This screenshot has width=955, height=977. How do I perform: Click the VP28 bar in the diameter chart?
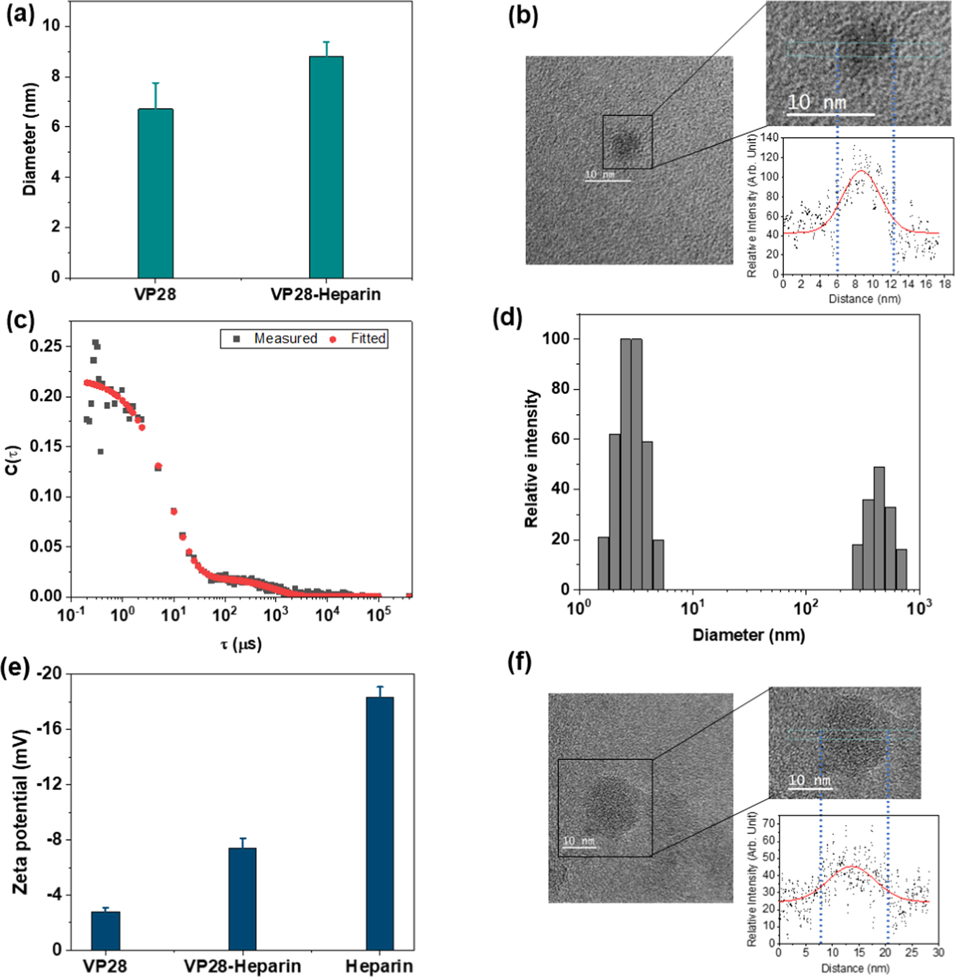coord(155,193)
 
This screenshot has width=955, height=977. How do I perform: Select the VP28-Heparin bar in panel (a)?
coord(326,167)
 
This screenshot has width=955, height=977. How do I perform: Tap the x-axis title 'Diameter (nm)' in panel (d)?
coord(748,635)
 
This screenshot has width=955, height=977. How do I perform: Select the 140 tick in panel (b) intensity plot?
coord(768,137)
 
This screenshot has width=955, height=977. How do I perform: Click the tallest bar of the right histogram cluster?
coord(879,528)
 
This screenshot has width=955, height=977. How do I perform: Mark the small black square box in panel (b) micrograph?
coord(627,142)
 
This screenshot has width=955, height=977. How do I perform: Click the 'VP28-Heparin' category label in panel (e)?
coord(242,965)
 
